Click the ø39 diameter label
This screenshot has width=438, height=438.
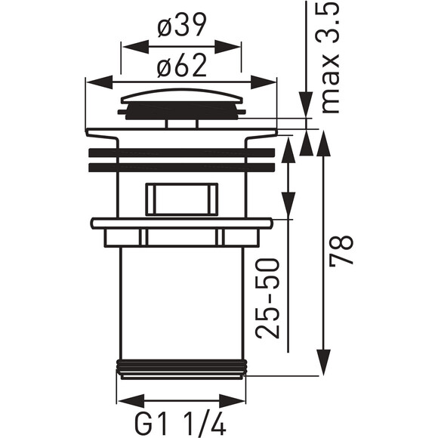coord(182,26)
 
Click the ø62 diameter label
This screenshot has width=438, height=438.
coord(182,66)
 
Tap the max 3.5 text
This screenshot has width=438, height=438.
coord(328,57)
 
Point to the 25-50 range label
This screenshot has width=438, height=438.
coord(267,298)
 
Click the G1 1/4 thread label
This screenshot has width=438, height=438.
coord(180,425)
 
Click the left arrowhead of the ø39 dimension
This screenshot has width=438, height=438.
coord(135,47)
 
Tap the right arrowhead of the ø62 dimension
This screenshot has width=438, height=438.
coord(263,82)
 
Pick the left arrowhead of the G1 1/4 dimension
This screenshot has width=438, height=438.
coord(131,401)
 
